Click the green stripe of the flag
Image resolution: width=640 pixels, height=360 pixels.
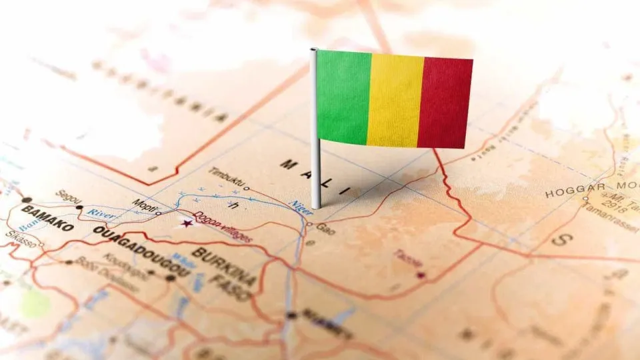pos(343,97)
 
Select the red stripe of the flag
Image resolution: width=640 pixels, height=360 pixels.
pos(445,102)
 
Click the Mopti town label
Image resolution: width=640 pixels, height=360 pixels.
pos(143,203)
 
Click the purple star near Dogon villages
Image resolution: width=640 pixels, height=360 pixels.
pos(187,223)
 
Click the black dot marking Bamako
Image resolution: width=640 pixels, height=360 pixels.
pos(27,199)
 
